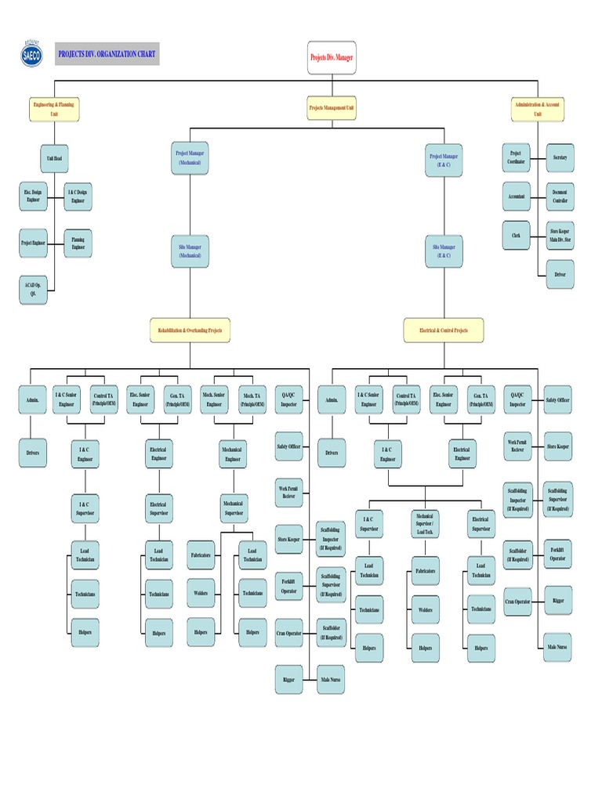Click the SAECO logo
(x=31, y=54)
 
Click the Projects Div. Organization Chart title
(x=107, y=55)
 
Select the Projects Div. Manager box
(x=332, y=58)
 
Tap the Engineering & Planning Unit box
(x=55, y=109)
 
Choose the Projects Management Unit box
(x=332, y=109)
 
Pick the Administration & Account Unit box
(x=537, y=109)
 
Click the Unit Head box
(x=55, y=158)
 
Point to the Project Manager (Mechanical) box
(x=190, y=159)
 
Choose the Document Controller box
(x=560, y=197)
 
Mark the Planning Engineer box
(x=78, y=244)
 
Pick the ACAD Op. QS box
(x=33, y=290)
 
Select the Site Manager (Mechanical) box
(x=190, y=251)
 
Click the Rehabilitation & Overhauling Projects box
(x=190, y=331)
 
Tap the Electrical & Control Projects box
(x=444, y=331)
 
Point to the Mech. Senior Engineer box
(x=214, y=399)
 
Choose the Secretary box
(x=560, y=157)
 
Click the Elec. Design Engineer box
(x=33, y=197)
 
